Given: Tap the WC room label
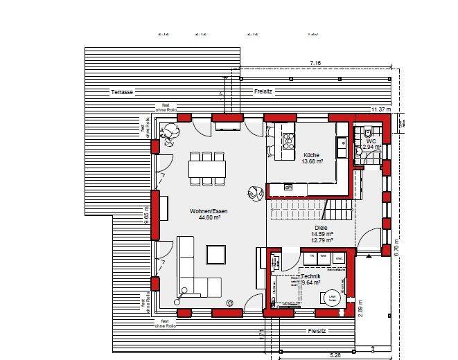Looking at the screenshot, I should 371,141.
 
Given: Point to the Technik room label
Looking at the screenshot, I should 311,276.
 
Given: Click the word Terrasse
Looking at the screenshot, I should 121,92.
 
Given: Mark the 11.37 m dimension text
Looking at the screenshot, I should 381,109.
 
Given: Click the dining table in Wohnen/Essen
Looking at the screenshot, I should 208,168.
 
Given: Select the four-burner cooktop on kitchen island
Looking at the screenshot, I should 287,141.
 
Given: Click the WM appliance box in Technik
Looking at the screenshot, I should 325,257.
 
